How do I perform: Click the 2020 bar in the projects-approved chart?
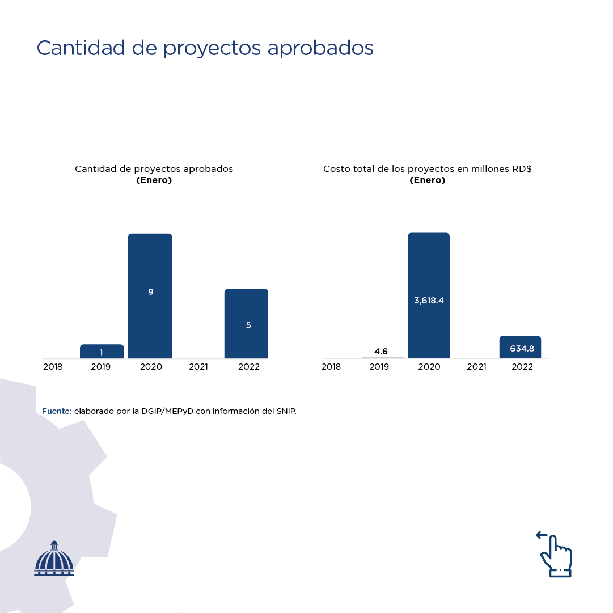(x=150, y=295)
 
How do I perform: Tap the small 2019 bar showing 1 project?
(x=102, y=352)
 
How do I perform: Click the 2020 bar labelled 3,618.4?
(x=429, y=295)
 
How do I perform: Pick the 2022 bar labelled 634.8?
(x=520, y=347)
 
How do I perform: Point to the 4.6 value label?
(x=381, y=352)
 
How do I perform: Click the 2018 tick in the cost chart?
(x=331, y=367)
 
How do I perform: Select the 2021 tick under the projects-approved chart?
(x=198, y=367)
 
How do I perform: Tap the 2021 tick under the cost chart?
(x=476, y=367)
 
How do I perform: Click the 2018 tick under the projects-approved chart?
(x=53, y=367)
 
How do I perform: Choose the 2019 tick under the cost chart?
(x=379, y=367)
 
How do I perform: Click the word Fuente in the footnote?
(x=57, y=411)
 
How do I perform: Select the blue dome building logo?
(x=54, y=559)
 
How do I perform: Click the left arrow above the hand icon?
(x=542, y=535)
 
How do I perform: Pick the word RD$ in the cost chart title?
(x=521, y=169)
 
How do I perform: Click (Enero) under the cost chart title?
(x=427, y=180)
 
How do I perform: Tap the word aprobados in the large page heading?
(x=320, y=48)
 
